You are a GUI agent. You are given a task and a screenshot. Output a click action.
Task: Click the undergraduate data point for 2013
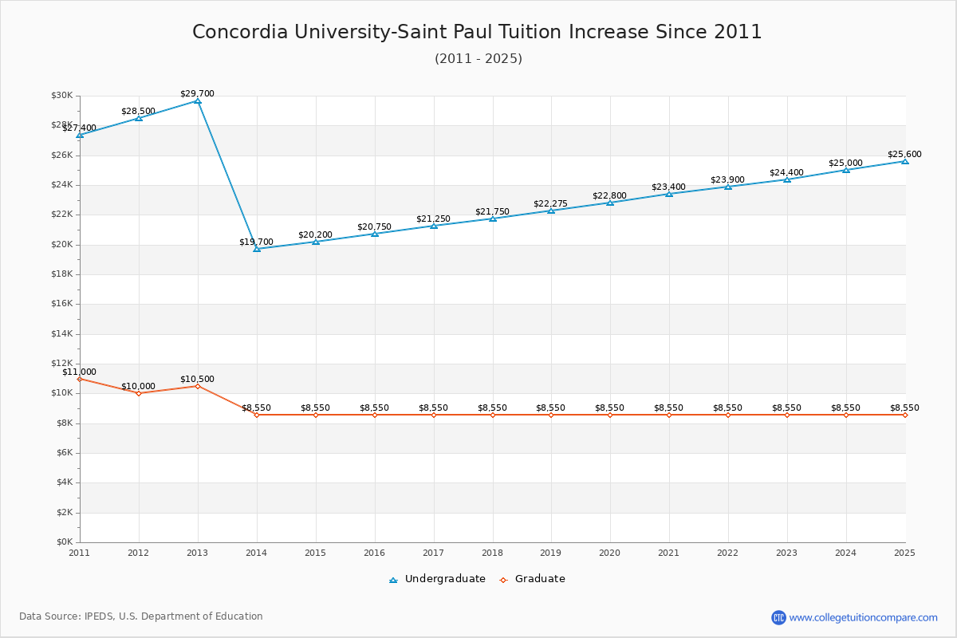[198, 101]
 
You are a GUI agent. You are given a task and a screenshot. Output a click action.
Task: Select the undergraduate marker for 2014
[257, 249]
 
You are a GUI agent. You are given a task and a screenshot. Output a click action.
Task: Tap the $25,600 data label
[904, 155]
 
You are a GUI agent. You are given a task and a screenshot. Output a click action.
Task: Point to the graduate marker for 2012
[139, 393]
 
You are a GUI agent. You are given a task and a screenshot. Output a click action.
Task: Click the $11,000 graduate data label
[79, 372]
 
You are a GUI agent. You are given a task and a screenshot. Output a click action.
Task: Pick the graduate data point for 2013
[198, 386]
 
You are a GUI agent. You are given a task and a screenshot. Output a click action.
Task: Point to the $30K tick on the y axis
[61, 96]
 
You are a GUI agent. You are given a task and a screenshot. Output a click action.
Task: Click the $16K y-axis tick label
[61, 304]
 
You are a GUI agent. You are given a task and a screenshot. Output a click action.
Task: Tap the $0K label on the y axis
[64, 542]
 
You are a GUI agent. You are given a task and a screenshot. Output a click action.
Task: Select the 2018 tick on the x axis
[492, 553]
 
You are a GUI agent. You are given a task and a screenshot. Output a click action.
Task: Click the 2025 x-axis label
[904, 553]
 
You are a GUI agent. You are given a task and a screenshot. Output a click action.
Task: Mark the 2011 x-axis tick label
[79, 553]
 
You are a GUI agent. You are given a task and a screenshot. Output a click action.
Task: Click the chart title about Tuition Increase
[477, 32]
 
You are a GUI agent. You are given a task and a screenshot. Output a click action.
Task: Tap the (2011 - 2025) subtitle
[478, 59]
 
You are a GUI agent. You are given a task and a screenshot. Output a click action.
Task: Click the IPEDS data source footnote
[141, 616]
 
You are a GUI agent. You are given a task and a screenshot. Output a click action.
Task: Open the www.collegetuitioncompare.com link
[863, 617]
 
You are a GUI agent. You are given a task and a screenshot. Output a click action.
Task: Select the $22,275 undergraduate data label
[550, 204]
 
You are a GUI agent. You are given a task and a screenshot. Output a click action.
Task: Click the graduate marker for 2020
[610, 415]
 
